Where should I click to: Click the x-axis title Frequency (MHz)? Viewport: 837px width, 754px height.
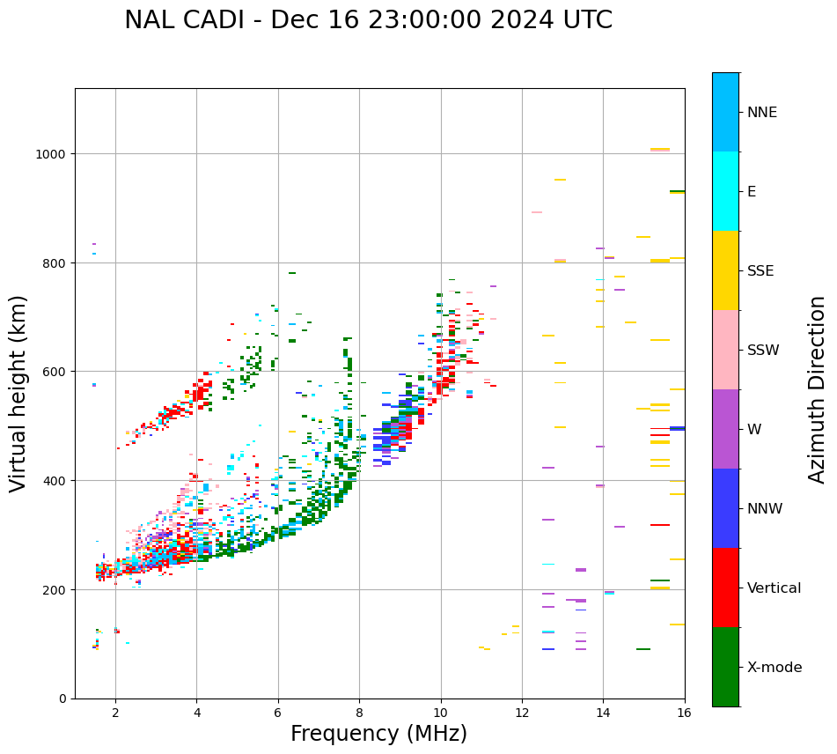(x=378, y=734)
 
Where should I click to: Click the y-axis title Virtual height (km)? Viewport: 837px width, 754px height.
(x=18, y=393)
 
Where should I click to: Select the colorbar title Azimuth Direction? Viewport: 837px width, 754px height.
(x=817, y=389)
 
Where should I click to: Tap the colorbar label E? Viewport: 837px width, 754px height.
(x=752, y=192)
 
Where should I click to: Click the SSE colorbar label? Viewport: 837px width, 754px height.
(x=760, y=271)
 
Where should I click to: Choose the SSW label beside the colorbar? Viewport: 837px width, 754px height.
(x=763, y=351)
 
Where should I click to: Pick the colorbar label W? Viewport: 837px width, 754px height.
(x=753, y=430)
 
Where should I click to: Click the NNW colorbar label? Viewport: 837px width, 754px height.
(x=765, y=509)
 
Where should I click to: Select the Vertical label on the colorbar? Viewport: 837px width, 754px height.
(x=774, y=588)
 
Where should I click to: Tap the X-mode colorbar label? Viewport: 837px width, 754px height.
(x=775, y=668)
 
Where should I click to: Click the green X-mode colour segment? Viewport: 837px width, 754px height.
(x=725, y=667)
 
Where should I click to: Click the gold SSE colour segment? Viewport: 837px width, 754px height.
(x=725, y=270)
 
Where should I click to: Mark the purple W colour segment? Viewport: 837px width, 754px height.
(x=725, y=429)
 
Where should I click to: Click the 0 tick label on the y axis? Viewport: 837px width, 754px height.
(x=62, y=699)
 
